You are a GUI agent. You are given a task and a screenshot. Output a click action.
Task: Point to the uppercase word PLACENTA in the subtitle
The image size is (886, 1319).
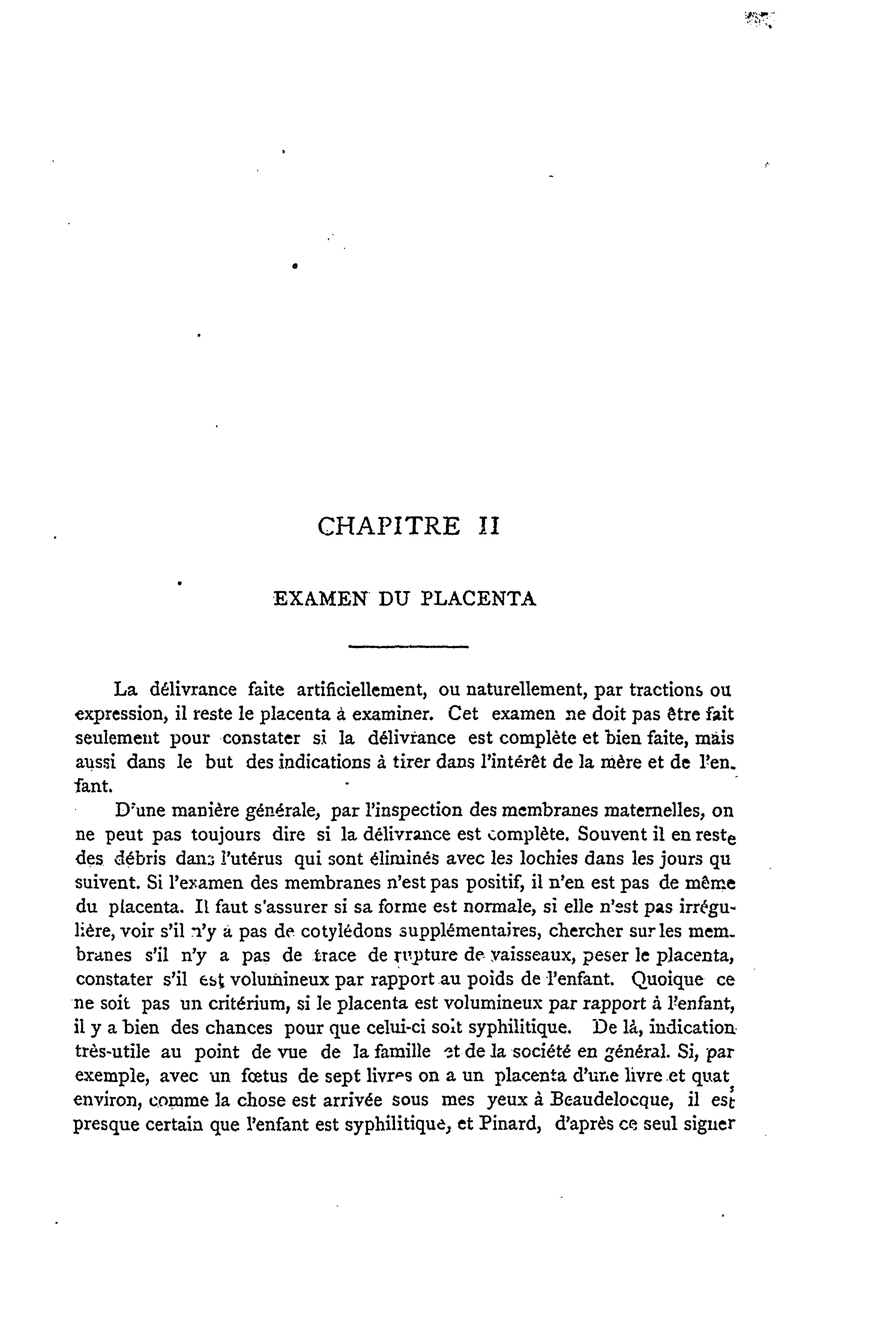click(479, 598)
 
